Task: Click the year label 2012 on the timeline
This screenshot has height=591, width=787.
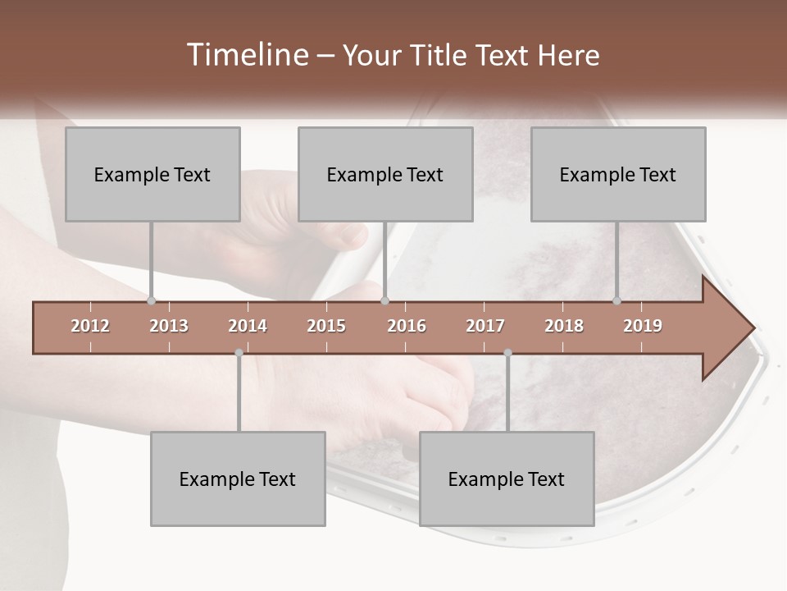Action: point(90,326)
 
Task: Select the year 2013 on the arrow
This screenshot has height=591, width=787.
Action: point(169,326)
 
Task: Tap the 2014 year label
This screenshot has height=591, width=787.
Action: point(248,326)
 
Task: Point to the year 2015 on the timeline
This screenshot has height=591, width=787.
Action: point(326,326)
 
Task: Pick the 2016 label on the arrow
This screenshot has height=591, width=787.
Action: point(407,326)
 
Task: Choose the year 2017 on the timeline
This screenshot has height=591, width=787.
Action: point(485,326)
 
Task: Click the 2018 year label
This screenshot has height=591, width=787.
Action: point(564,326)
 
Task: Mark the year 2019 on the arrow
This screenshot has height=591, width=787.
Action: point(643,326)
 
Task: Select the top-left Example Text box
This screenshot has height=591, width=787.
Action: point(152,174)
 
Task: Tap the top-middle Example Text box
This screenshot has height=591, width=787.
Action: point(385,174)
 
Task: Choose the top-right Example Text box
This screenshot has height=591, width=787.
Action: point(618,174)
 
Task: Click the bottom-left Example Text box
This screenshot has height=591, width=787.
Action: point(238,479)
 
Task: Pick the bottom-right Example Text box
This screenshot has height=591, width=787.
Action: point(507,479)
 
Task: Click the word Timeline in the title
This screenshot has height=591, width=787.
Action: point(246,55)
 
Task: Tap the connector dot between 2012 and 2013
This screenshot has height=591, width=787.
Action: point(152,300)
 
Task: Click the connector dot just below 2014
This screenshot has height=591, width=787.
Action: point(239,353)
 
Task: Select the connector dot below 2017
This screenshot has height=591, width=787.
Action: point(507,353)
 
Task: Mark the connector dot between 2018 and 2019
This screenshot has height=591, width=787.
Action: point(617,300)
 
